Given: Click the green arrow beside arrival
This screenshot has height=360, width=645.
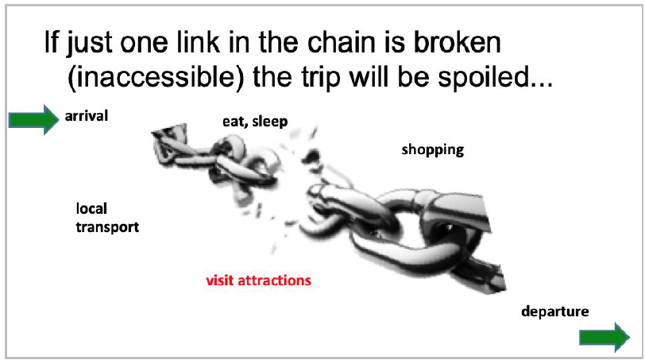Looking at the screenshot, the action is pyautogui.click(x=33, y=120).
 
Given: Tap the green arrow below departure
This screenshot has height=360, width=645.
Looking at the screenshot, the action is pyautogui.click(x=604, y=338).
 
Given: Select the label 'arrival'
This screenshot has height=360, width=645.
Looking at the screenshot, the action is pyautogui.click(x=87, y=116).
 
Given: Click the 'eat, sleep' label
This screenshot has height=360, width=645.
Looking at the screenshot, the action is pyautogui.click(x=255, y=122).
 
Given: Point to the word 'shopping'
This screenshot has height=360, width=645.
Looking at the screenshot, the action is pyautogui.click(x=433, y=149).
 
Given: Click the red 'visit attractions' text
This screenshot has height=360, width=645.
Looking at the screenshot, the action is pyautogui.click(x=259, y=281).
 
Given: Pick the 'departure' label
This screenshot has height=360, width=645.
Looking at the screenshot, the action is pyautogui.click(x=555, y=312).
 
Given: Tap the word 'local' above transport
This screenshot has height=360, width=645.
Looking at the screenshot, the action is pyautogui.click(x=91, y=208).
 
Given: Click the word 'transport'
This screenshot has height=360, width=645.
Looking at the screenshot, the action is pyautogui.click(x=107, y=227).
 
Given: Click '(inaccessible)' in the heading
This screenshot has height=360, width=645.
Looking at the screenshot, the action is pyautogui.click(x=156, y=77).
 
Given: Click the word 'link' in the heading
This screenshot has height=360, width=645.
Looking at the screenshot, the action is pyautogui.click(x=198, y=43).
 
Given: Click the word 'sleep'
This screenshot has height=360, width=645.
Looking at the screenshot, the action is pyautogui.click(x=270, y=122).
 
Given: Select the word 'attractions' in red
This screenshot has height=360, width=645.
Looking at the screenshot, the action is pyautogui.click(x=275, y=281).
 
